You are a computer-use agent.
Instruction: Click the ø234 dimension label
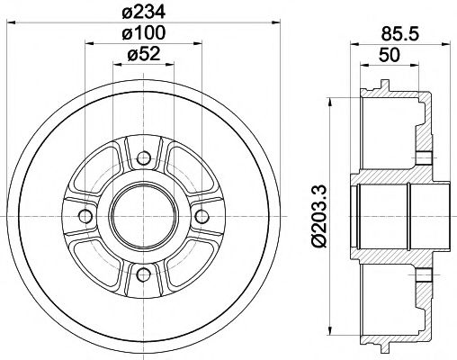[x=144, y=11]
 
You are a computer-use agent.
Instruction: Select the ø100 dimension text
[x=144, y=33]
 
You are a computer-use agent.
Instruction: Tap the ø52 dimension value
[x=144, y=55]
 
